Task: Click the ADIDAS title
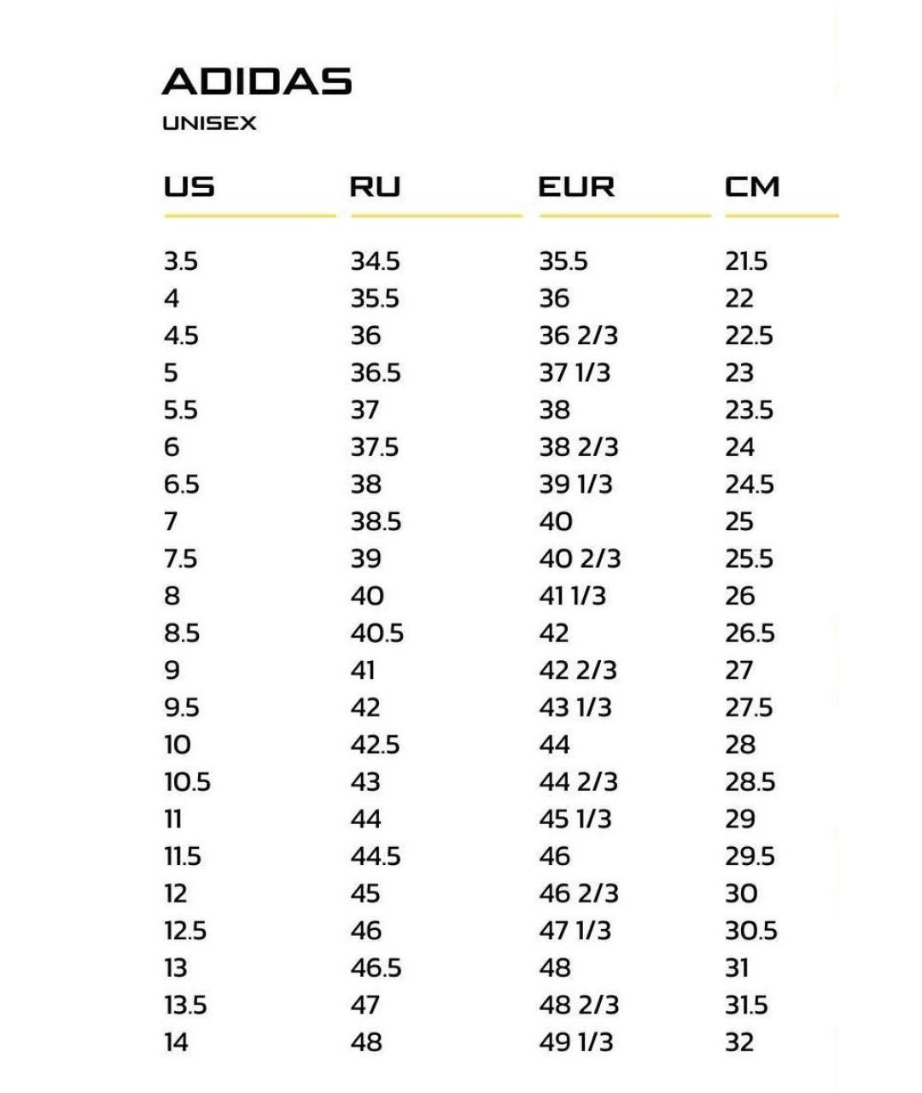coord(257,82)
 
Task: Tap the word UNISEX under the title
coord(209,124)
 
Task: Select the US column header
coord(189,187)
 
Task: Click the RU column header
coord(375,187)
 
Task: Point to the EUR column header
coord(576,187)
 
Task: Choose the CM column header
coord(752,187)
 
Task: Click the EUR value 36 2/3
coord(578,336)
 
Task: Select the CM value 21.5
coord(746,261)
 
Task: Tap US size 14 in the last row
coord(176,1043)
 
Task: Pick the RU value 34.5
coord(375,261)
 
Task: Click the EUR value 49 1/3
coord(575,1043)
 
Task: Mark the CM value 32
coord(739,1043)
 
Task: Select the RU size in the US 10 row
coord(375,745)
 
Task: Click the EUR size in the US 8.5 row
coord(554,634)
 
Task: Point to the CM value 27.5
coord(749,708)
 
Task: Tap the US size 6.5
coord(181,485)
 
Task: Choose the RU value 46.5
coord(376,968)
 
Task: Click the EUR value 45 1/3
coord(575,820)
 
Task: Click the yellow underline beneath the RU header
coord(436,216)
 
